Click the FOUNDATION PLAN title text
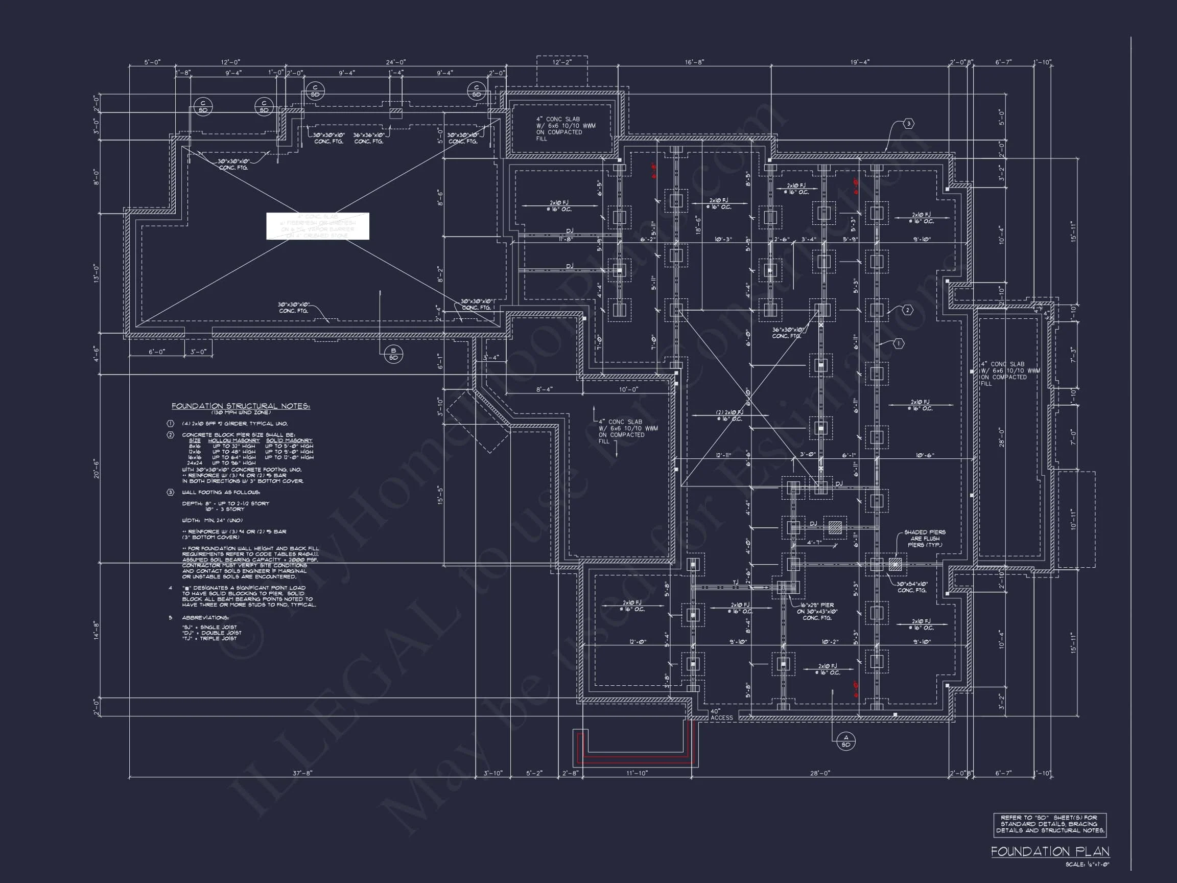coord(1050,852)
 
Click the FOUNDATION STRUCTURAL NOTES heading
coord(241,406)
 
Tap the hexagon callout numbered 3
coord(908,124)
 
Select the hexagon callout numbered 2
coord(907,310)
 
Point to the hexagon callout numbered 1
coord(898,344)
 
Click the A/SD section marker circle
coord(846,741)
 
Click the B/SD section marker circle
coord(393,354)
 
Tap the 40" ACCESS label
coord(721,714)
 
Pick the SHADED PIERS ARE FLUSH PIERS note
coord(924,538)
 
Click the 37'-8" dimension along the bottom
coord(302,773)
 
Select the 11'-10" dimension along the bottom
coord(637,773)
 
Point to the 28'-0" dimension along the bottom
coord(820,773)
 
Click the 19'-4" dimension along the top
coord(860,62)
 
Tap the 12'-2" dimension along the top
coord(561,62)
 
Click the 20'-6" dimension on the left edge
coord(97,469)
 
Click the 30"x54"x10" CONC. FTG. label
coord(912,587)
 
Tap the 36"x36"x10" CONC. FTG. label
coord(368,138)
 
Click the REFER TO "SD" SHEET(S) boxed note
coord(1050,824)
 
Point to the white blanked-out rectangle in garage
coord(318,226)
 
